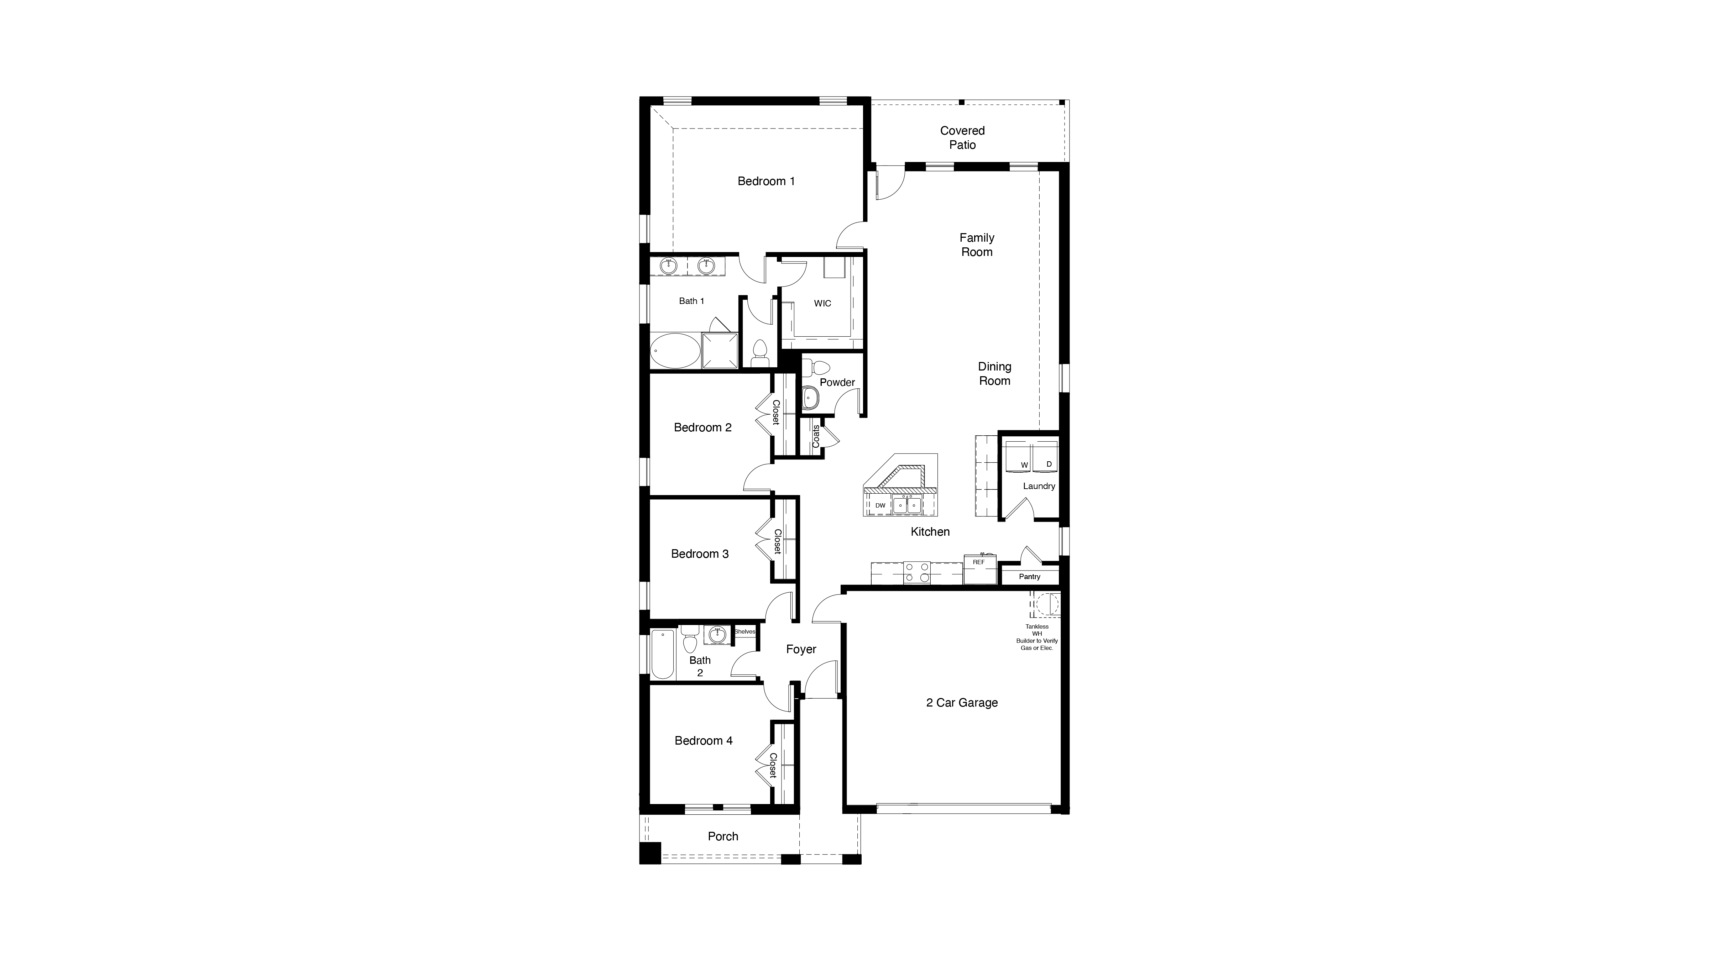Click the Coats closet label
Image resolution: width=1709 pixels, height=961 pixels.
coord(816,436)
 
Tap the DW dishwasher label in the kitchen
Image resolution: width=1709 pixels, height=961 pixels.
coord(880,505)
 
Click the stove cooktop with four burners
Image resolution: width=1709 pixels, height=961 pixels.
coord(916,572)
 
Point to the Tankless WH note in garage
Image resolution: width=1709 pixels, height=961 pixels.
coord(1037,637)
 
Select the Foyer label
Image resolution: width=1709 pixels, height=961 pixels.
coord(801,649)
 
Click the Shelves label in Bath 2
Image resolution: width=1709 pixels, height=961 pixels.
coord(744,631)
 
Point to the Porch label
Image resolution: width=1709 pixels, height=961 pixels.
coord(722,836)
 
